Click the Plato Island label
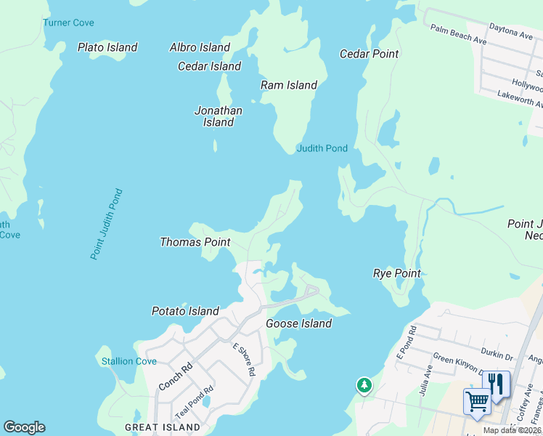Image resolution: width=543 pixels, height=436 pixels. [107, 47]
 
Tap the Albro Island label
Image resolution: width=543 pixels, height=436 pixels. [200, 47]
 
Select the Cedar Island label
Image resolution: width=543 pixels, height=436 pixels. [209, 66]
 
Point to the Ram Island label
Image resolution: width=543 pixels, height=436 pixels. [289, 85]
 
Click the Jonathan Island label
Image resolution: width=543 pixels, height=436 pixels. [218, 116]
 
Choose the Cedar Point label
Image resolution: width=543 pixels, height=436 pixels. [370, 54]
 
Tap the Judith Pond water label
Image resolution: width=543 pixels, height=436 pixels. [322, 148]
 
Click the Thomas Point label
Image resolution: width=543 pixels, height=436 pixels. [195, 242]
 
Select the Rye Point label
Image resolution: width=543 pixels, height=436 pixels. [397, 273]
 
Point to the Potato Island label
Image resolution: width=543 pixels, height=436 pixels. [185, 311]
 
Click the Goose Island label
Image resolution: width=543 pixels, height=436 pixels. [298, 323]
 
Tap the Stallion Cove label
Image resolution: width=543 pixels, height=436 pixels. [129, 361]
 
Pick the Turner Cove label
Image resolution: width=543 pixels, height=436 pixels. [68, 23]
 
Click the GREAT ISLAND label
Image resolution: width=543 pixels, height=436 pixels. [163, 427]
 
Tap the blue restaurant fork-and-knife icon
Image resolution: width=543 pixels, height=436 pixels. [497, 383]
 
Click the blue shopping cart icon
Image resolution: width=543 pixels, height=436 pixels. [477, 400]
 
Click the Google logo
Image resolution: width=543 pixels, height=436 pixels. [24, 427]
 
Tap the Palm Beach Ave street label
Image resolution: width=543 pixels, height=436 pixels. [457, 33]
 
